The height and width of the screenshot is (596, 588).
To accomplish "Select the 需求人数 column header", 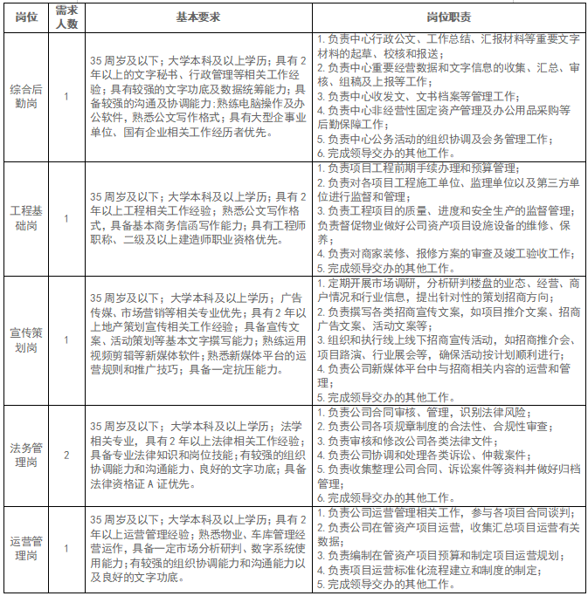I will (x=66, y=17).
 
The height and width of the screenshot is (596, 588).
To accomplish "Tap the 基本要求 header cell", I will (x=198, y=17).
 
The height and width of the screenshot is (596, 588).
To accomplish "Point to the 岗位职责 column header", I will (x=449, y=17).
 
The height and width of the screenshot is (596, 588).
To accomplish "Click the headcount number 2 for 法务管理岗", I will (x=66, y=455).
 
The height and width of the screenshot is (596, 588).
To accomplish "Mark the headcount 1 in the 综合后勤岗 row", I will (x=66, y=96).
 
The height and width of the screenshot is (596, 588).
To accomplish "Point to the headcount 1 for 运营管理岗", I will (x=66, y=548).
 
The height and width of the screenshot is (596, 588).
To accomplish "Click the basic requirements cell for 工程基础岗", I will (x=198, y=218).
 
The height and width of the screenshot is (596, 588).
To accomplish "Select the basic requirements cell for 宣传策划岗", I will (x=198, y=339).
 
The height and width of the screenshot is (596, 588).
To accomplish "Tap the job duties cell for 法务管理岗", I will (x=449, y=455).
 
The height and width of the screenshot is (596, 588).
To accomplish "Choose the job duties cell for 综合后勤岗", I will (x=449, y=96).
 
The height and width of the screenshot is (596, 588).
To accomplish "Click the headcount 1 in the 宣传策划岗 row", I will (x=66, y=339).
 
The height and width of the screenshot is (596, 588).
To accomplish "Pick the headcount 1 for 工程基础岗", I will (x=66, y=218).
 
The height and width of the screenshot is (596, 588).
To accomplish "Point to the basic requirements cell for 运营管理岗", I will (x=198, y=548).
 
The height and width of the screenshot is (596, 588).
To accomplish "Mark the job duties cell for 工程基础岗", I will (x=449, y=218).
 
